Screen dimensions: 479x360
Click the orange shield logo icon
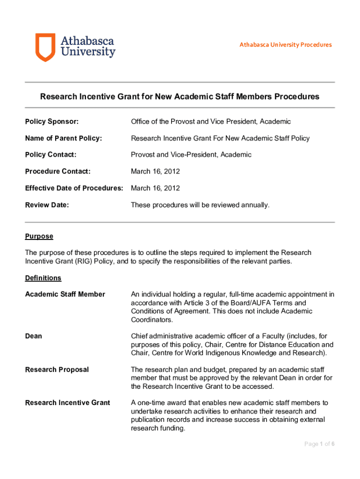[x=45, y=47]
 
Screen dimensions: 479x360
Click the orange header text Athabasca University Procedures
[x=285, y=45]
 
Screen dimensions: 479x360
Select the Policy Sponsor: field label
[x=51, y=122]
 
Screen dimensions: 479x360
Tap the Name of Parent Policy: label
[x=63, y=138]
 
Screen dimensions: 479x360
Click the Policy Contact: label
[x=50, y=155]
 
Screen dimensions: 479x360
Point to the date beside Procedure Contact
[x=155, y=172]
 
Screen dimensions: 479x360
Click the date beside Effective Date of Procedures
[x=155, y=188]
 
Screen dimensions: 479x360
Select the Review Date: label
[x=47, y=205]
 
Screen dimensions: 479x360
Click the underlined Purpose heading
[x=39, y=236]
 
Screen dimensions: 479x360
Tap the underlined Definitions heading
[x=43, y=278]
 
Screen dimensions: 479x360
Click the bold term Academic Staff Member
[x=65, y=294]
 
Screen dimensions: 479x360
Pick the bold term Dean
[x=33, y=336]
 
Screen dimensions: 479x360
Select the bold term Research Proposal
[x=57, y=370]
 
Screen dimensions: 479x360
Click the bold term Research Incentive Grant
[x=67, y=403]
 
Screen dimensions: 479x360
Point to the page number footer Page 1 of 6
[x=319, y=444]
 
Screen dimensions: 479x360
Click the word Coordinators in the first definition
[x=152, y=320]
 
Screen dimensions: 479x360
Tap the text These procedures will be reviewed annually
[x=200, y=205]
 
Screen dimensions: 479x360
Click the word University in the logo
[x=88, y=52]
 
